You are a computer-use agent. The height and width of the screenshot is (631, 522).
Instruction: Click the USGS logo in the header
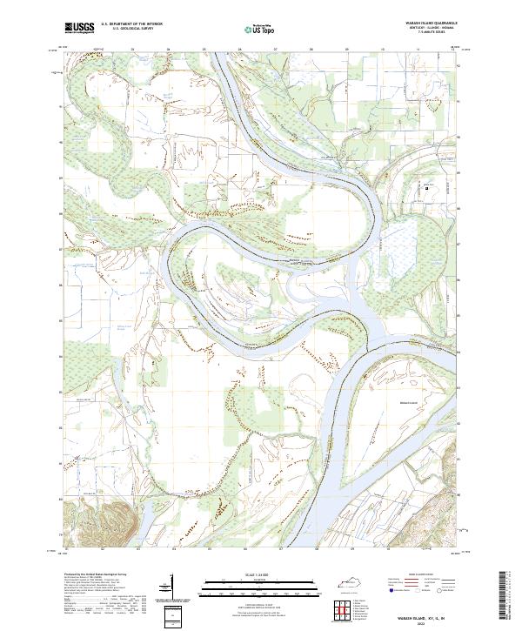[79, 29]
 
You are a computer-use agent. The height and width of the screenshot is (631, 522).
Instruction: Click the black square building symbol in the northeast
[427, 187]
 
